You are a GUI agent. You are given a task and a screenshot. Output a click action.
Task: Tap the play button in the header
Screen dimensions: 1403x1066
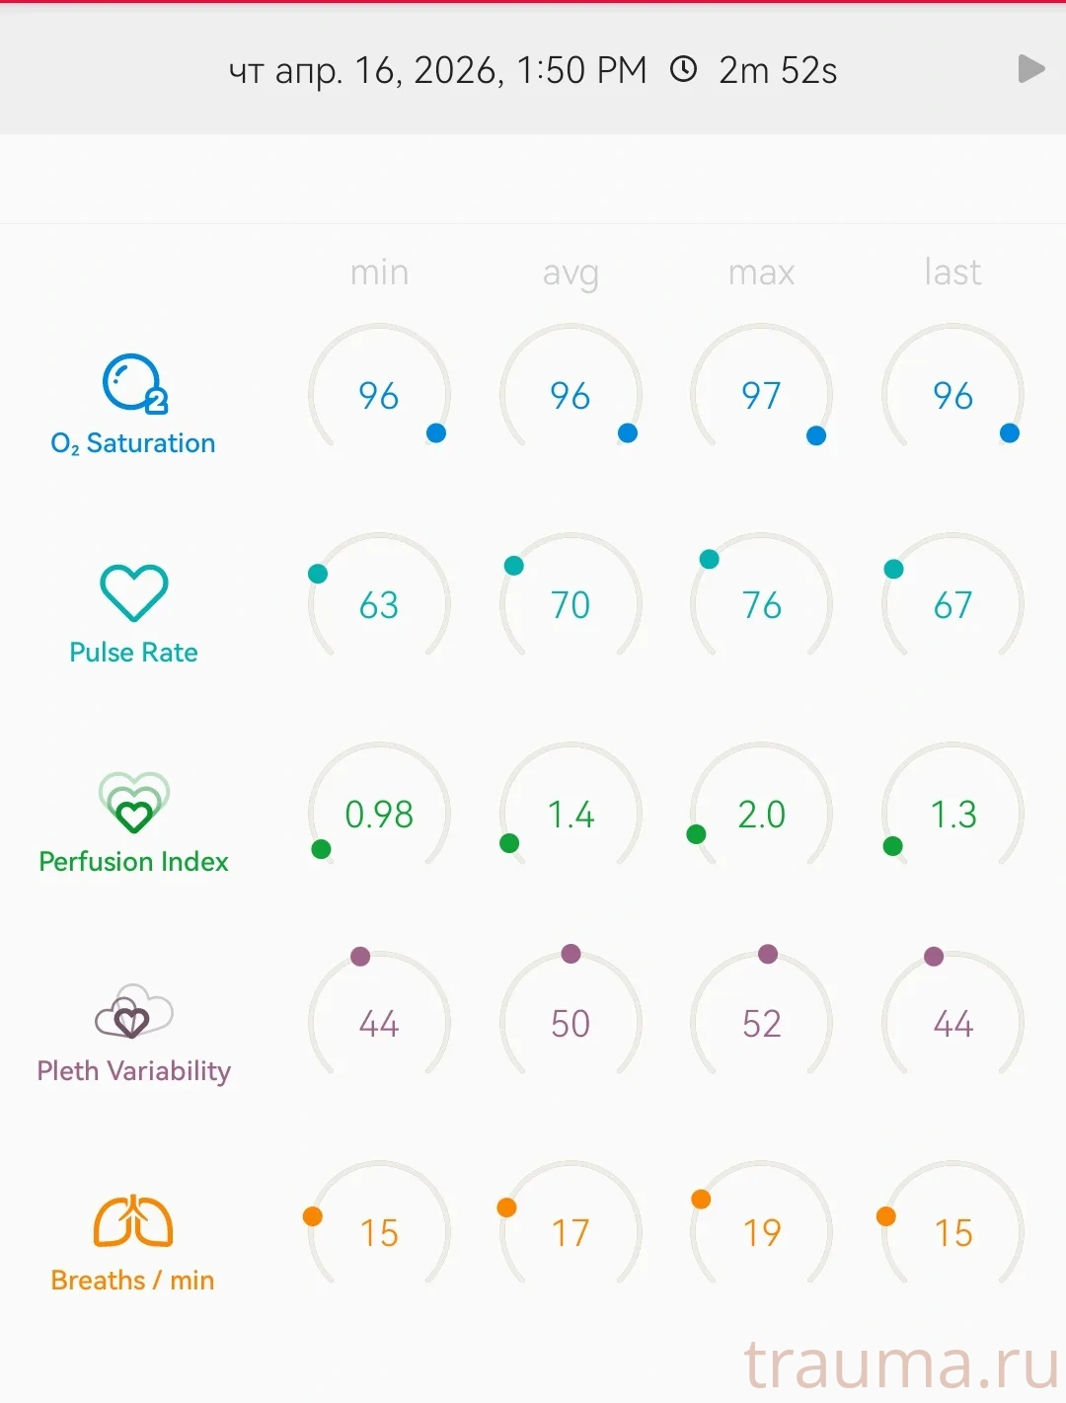point(1030,69)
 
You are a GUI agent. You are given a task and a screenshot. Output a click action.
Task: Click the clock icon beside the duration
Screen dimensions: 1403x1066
point(683,69)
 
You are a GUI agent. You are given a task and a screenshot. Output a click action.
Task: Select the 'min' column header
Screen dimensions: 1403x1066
point(379,272)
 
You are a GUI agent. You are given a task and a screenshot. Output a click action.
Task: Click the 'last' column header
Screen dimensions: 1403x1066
point(952,272)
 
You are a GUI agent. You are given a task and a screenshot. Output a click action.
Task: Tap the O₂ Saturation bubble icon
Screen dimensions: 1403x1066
point(134,383)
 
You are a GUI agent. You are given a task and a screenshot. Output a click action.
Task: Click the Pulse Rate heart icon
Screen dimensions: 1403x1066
point(134,592)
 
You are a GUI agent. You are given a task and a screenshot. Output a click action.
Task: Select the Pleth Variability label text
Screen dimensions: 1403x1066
point(134,1071)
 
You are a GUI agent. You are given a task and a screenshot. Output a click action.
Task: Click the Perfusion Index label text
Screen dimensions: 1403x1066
point(134,862)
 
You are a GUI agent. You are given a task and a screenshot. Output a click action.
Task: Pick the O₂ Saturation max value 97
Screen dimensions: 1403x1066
point(761,396)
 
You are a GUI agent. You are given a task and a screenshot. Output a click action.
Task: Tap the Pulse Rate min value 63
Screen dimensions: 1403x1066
point(379,605)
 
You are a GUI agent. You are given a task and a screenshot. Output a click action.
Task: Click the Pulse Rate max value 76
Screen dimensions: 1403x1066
point(761,605)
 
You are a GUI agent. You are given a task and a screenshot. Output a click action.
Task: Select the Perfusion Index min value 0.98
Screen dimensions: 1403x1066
point(379,815)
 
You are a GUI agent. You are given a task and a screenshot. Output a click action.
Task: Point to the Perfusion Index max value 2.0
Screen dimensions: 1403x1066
point(761,815)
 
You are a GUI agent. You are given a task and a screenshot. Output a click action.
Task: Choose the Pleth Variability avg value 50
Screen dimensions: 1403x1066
point(571,1024)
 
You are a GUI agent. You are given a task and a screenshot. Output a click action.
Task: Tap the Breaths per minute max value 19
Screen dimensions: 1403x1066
point(761,1233)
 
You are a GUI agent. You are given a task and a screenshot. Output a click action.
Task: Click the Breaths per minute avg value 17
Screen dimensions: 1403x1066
point(571,1233)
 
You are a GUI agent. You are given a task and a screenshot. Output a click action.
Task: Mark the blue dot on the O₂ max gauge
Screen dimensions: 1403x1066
point(816,435)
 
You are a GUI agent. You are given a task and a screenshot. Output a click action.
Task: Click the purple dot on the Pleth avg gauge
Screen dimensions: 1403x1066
point(571,953)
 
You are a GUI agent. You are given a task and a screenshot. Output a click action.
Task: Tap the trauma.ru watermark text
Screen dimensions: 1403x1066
point(901,1365)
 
